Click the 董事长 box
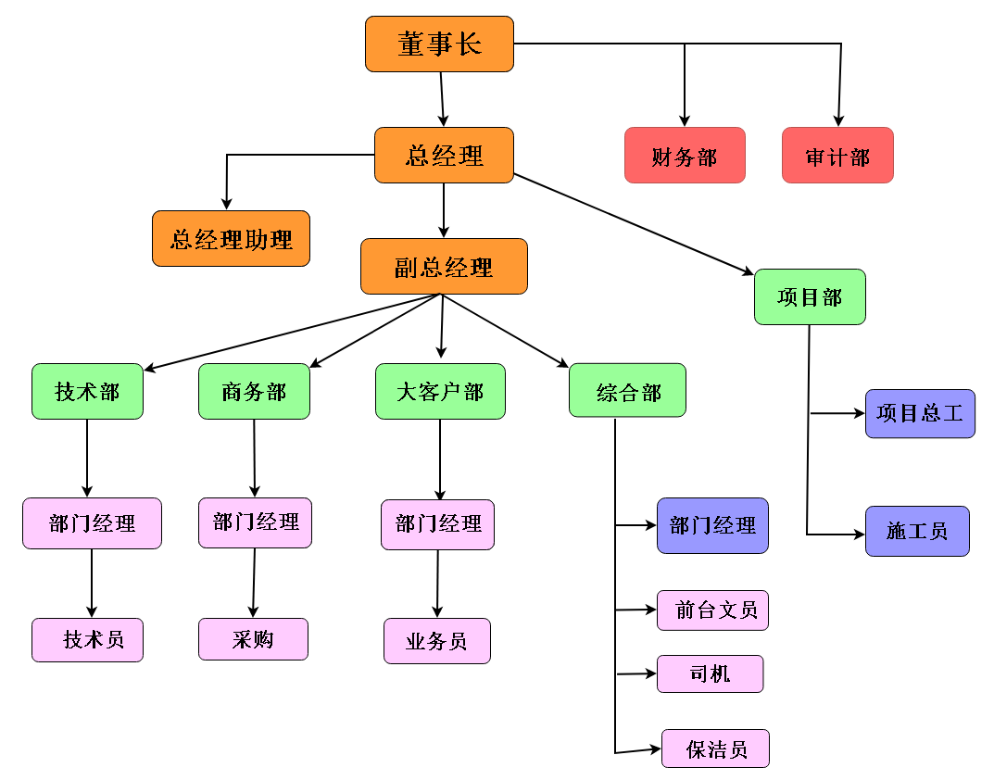tap(439, 44)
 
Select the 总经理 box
tap(444, 155)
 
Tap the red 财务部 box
tap(685, 155)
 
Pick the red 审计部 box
tap(837, 155)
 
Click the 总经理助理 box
tap(231, 239)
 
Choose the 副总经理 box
tap(444, 267)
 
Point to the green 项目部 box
tap(810, 296)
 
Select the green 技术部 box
tap(87, 391)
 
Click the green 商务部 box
tap(254, 391)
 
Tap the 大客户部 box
tap(440, 391)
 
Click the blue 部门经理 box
tap(712, 525)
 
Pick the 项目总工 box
tap(920, 413)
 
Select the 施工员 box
tap(917, 531)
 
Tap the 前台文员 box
tap(712, 610)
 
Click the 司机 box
tap(710, 673)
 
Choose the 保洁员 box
tap(715, 749)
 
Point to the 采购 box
tap(253, 639)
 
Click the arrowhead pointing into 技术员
tap(92, 611)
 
